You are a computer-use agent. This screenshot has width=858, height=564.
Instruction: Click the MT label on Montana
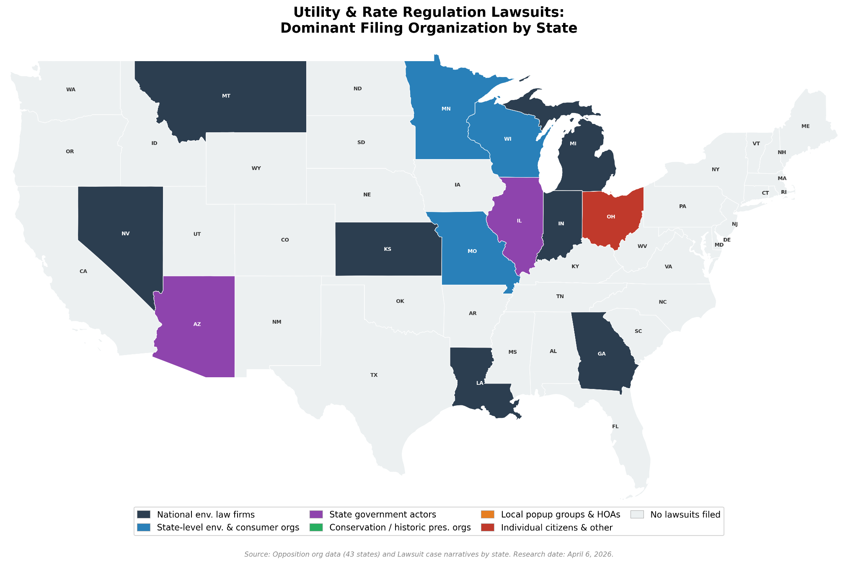tap(226, 96)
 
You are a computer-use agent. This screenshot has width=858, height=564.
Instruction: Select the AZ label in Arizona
tap(197, 324)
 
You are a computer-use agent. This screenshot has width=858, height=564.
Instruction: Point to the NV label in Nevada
tap(125, 234)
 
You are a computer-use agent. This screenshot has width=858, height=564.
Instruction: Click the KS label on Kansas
tap(388, 249)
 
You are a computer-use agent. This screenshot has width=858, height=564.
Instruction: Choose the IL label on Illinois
tap(519, 221)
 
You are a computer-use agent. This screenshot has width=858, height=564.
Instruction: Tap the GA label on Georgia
tap(602, 354)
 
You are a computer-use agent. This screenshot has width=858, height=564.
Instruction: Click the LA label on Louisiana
tap(480, 383)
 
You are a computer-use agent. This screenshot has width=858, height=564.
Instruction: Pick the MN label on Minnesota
tap(446, 109)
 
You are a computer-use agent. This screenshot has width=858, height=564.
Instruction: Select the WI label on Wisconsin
tap(508, 139)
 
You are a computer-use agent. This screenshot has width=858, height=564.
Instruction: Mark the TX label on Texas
tap(374, 375)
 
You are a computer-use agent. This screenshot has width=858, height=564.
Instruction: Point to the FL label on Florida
tap(615, 427)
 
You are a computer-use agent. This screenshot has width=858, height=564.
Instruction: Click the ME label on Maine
tap(805, 126)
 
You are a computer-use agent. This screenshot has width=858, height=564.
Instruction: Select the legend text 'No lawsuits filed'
tap(685, 515)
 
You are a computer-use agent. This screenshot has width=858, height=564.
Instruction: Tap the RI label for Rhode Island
tap(784, 192)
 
